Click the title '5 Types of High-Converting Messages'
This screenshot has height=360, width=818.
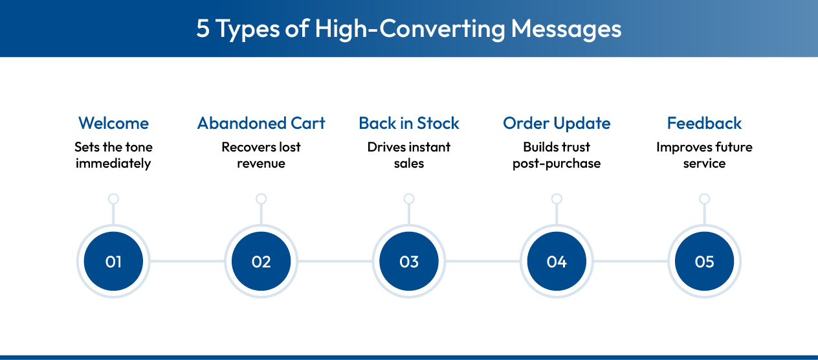tap(408, 29)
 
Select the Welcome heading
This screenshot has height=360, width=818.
tap(113, 123)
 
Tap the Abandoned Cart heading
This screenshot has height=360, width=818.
tap(261, 123)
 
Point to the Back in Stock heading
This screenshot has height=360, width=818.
tap(409, 123)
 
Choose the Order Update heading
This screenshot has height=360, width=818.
tap(557, 123)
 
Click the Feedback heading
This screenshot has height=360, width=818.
tap(704, 123)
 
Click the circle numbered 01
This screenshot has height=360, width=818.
tap(113, 262)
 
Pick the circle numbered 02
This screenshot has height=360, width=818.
tap(261, 262)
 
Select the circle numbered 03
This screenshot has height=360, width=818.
tap(409, 262)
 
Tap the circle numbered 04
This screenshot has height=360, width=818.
tap(557, 262)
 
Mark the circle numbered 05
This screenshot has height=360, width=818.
tap(704, 262)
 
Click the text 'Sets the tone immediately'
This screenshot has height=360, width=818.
tap(113, 155)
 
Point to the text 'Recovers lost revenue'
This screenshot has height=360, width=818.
tap(261, 155)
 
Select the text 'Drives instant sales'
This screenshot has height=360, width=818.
tap(409, 155)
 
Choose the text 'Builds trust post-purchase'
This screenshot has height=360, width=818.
tap(557, 155)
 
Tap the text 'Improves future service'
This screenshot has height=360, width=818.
tap(704, 155)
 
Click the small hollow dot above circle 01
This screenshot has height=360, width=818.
tap(113, 199)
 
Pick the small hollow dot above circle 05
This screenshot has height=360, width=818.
tap(704, 199)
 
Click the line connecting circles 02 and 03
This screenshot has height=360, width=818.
tap(335, 262)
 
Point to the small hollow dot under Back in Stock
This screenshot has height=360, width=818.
tap(409, 199)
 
